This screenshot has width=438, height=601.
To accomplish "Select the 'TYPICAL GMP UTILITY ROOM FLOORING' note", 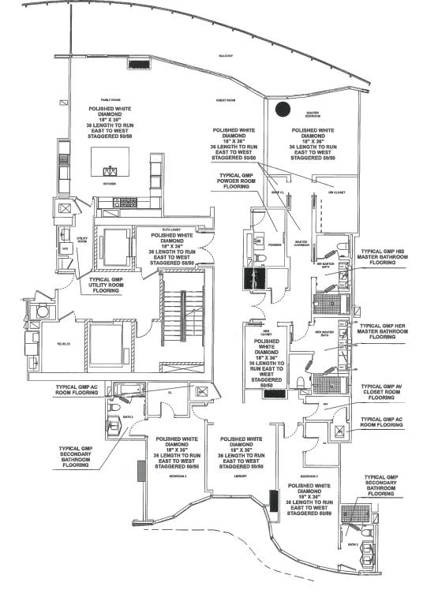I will (x=115, y=285).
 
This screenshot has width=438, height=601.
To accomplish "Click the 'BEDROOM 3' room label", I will (x=309, y=476).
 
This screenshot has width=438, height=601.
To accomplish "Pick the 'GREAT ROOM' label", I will (x=226, y=101).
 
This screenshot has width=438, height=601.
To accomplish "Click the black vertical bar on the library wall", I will (x=273, y=502).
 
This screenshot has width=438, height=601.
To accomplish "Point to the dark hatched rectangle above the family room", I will (x=140, y=65).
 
